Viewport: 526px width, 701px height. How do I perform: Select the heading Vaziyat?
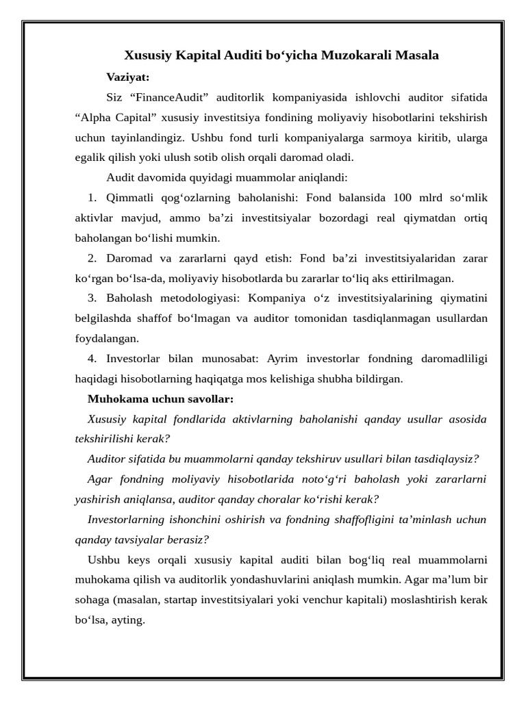tap(128, 76)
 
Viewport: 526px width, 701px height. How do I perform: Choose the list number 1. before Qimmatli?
tap(93, 199)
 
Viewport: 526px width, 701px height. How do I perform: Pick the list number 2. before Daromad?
tap(93, 258)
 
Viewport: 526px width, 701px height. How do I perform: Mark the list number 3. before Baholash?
tap(93, 298)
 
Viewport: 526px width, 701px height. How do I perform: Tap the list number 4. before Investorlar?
tap(93, 358)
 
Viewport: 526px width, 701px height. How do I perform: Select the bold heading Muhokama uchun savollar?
tap(161, 398)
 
